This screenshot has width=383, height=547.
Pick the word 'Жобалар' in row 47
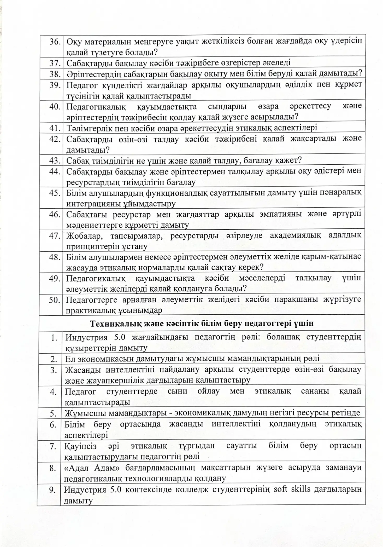(x=83, y=236)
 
